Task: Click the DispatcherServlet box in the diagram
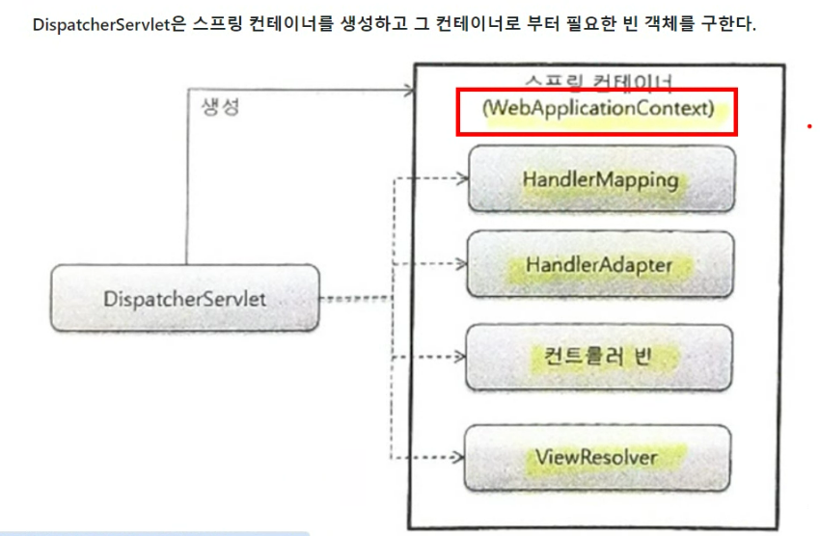click(184, 299)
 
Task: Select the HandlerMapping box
click(599, 179)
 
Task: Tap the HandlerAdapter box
click(599, 264)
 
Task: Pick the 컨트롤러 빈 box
click(599, 357)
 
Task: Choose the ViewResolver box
click(599, 456)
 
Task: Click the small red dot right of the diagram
click(810, 126)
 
